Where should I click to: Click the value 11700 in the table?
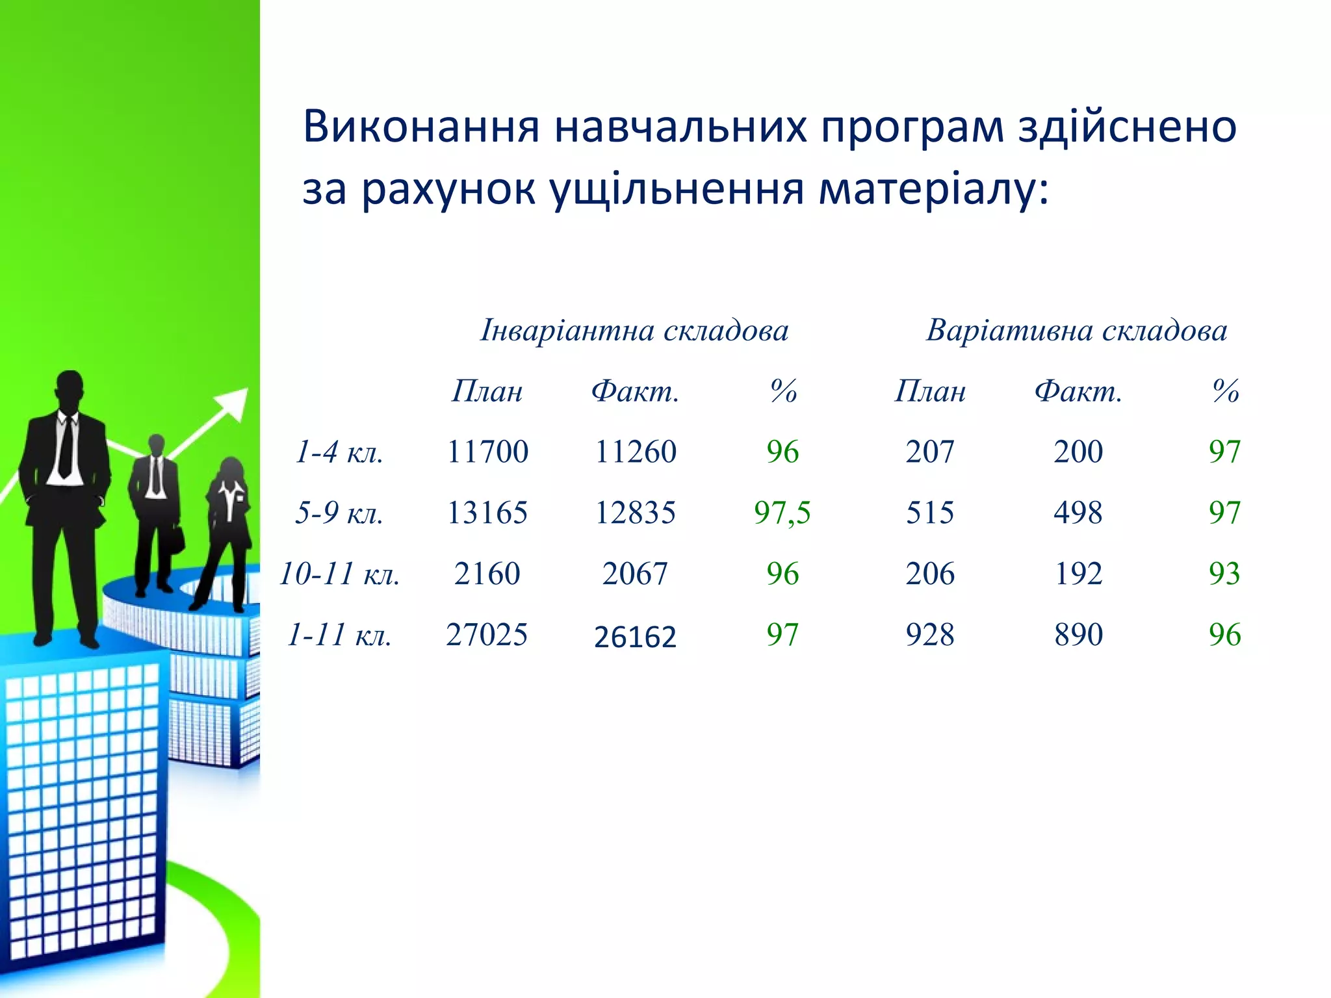pyautogui.click(x=487, y=452)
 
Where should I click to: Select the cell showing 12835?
pyautogui.click(x=635, y=513)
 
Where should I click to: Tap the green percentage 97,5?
pyautogui.click(x=782, y=513)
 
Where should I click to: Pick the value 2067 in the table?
pyautogui.click(x=635, y=574)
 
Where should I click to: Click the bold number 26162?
pyautogui.click(x=635, y=637)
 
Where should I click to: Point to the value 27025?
pyautogui.click(x=487, y=635)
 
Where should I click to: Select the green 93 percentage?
pyautogui.click(x=1224, y=574)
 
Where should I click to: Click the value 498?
pyautogui.click(x=1078, y=513)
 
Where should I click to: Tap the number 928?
pyautogui.click(x=930, y=635)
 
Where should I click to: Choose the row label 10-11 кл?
pyautogui.click(x=339, y=574)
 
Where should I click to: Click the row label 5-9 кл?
pyautogui.click(x=339, y=513)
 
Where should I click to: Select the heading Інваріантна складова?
pyautogui.click(x=634, y=330)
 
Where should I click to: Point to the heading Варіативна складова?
pyautogui.click(x=1077, y=330)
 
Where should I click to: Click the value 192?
pyautogui.click(x=1078, y=574)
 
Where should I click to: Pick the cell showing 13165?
pyautogui.click(x=487, y=513)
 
